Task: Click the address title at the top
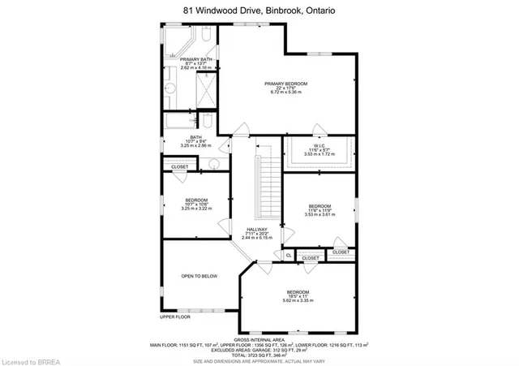(x=259, y=10)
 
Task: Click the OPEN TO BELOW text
(x=199, y=276)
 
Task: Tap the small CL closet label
(x=288, y=256)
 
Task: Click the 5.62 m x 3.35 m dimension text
(x=297, y=300)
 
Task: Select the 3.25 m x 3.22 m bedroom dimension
(x=196, y=209)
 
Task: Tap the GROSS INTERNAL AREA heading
(x=259, y=338)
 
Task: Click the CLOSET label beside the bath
(x=179, y=166)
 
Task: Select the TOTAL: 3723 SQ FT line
(x=259, y=355)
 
